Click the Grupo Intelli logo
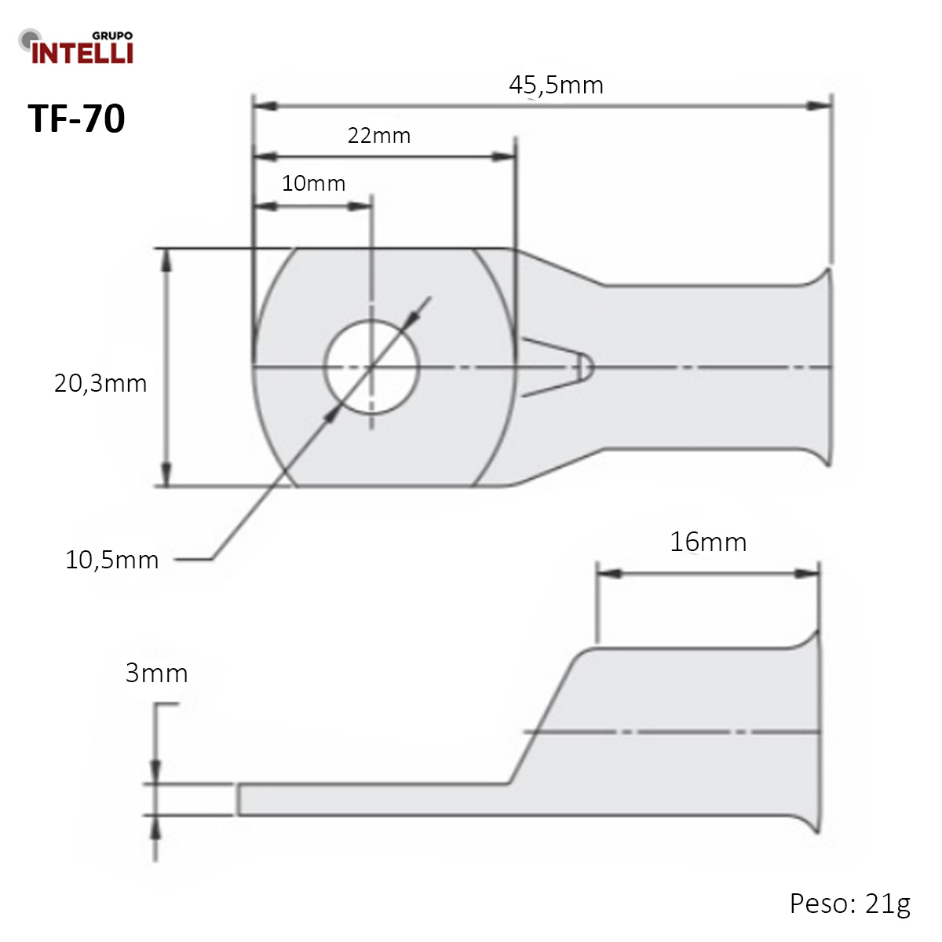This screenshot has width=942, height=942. [76, 47]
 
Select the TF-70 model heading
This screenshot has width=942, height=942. [77, 119]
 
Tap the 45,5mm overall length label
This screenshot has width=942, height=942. [556, 85]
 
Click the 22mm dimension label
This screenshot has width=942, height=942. [379, 136]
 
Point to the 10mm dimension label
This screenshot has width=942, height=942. [313, 184]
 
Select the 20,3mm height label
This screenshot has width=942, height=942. [100, 383]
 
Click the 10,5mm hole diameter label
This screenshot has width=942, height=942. [112, 560]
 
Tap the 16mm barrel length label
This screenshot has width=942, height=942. [707, 542]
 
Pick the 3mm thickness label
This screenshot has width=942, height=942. [156, 673]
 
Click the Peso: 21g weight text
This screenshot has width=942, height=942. [849, 904]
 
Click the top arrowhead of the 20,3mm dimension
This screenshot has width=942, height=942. [166, 260]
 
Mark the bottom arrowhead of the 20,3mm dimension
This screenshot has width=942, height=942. [166, 475]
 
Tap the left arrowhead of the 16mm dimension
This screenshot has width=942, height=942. [609, 574]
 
